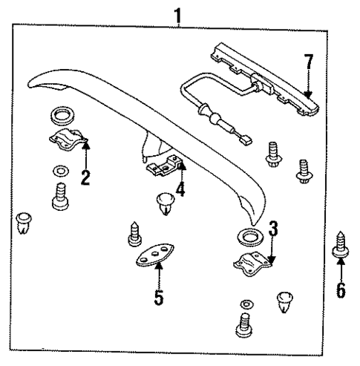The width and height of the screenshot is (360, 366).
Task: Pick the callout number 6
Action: click(x=341, y=288)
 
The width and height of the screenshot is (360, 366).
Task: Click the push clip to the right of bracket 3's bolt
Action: click(x=287, y=301)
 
